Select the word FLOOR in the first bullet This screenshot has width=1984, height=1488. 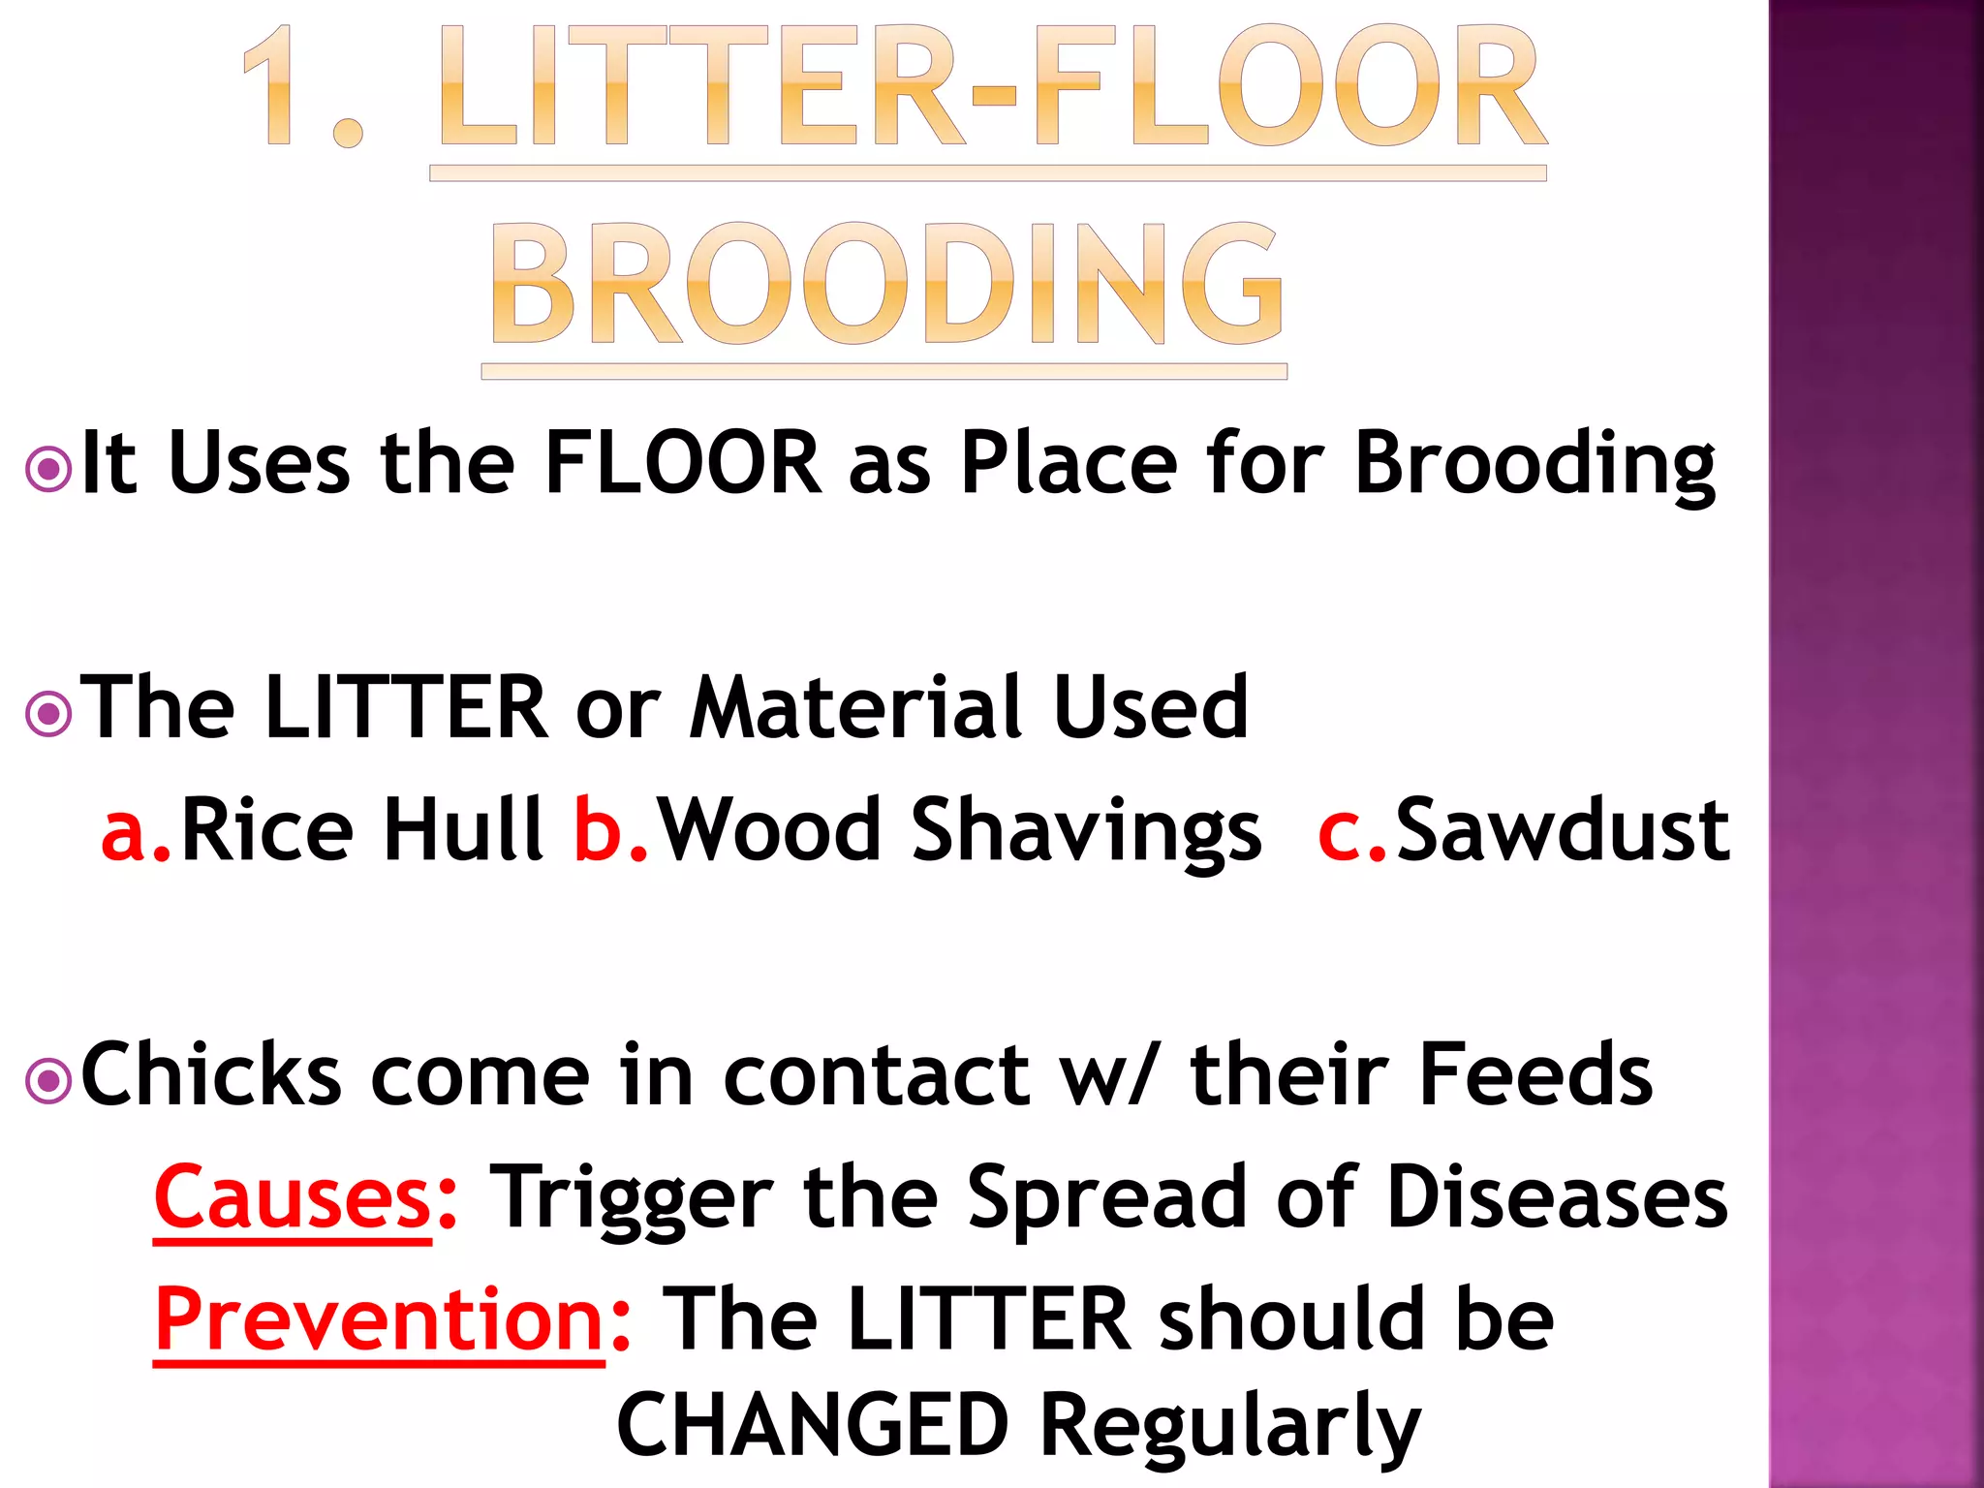[x=682, y=463]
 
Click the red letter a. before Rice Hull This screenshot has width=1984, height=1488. [x=136, y=830]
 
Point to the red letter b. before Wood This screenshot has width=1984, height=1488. [x=610, y=830]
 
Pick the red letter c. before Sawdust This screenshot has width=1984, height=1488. [x=1352, y=830]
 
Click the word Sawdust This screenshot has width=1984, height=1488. [x=1562, y=830]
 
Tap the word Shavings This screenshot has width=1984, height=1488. [x=1086, y=830]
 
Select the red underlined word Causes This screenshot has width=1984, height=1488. [x=293, y=1197]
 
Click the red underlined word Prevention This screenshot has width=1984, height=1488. [x=380, y=1319]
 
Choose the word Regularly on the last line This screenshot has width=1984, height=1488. [x=1230, y=1426]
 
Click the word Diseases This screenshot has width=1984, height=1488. [x=1557, y=1197]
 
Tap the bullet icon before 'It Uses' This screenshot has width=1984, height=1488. [x=48, y=470]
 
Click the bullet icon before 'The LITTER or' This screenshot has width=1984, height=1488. [x=48, y=715]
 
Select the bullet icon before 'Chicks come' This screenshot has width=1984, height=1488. [x=48, y=1081]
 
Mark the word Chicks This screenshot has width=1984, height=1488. [x=211, y=1074]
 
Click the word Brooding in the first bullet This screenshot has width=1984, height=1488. [x=1534, y=465]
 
